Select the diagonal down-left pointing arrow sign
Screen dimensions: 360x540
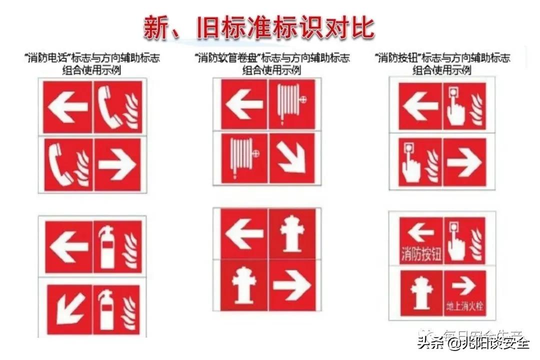(x=68, y=308)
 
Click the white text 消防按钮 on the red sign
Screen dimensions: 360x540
(x=421, y=255)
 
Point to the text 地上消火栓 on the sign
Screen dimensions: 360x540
(x=465, y=305)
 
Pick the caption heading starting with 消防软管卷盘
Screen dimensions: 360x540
(x=271, y=63)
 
